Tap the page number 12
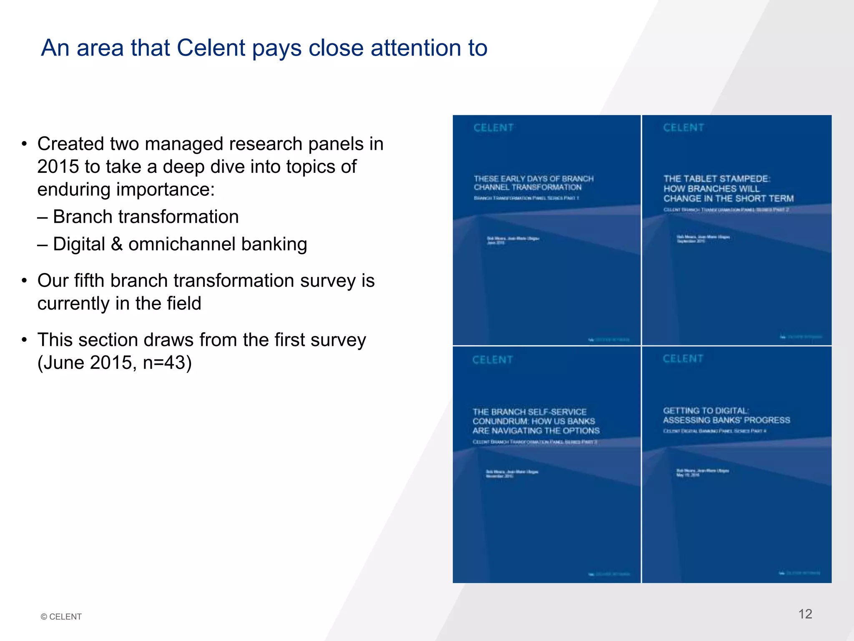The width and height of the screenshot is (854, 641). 805,614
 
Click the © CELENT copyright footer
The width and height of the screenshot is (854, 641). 61,617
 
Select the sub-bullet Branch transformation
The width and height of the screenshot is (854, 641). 146,217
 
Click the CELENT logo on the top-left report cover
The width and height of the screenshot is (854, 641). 493,128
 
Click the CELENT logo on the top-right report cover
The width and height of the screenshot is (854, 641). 683,128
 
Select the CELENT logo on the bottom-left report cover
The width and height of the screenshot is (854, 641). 492,360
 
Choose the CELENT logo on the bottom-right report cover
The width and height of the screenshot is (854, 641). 683,358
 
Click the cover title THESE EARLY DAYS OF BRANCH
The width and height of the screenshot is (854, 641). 533,179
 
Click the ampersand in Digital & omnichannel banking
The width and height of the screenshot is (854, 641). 117,244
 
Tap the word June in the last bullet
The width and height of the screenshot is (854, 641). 63,362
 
